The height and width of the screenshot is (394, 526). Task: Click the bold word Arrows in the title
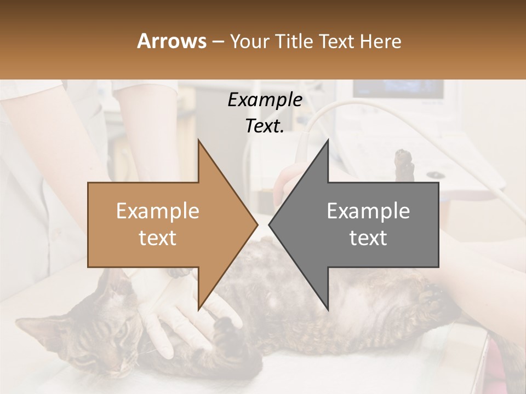pos(171,41)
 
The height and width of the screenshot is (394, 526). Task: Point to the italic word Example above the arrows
pos(265,100)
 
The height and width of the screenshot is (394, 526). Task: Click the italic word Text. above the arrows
pos(265,126)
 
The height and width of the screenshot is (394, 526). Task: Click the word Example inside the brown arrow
pos(158,211)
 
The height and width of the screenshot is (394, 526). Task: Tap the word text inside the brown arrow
pos(158,238)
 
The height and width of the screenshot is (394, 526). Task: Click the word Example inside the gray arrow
pos(368,211)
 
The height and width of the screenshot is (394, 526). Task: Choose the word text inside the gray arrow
pos(368,238)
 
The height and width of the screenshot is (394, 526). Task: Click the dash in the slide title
pos(218,42)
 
